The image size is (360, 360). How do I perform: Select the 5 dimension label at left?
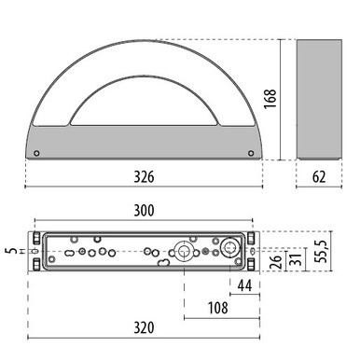(7, 253)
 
